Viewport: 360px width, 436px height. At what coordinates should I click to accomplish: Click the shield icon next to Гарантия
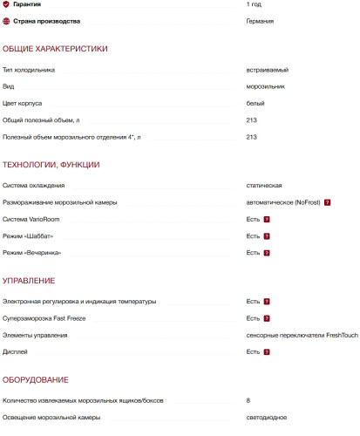tap(7, 4)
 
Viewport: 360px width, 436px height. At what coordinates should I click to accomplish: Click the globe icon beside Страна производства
tap(7, 21)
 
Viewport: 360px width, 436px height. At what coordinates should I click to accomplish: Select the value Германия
tap(262, 21)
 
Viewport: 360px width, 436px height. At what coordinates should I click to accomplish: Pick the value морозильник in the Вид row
tap(268, 86)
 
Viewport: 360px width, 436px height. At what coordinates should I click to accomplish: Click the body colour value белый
tap(256, 103)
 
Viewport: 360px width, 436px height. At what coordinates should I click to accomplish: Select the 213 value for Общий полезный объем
tap(252, 119)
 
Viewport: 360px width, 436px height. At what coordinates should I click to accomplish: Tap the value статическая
tap(264, 186)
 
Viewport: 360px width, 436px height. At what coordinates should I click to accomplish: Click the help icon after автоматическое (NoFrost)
tap(327, 202)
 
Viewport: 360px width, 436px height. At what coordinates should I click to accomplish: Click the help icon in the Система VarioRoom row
tap(267, 219)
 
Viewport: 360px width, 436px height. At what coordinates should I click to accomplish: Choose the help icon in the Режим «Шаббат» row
tap(267, 235)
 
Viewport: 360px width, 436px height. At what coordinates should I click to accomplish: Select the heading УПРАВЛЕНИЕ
tap(30, 281)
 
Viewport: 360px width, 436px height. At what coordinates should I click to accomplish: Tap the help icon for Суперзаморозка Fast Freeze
tap(267, 318)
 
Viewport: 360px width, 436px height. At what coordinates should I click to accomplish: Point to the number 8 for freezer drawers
tap(248, 401)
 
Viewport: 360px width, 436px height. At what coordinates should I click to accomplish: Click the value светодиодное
tap(268, 418)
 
